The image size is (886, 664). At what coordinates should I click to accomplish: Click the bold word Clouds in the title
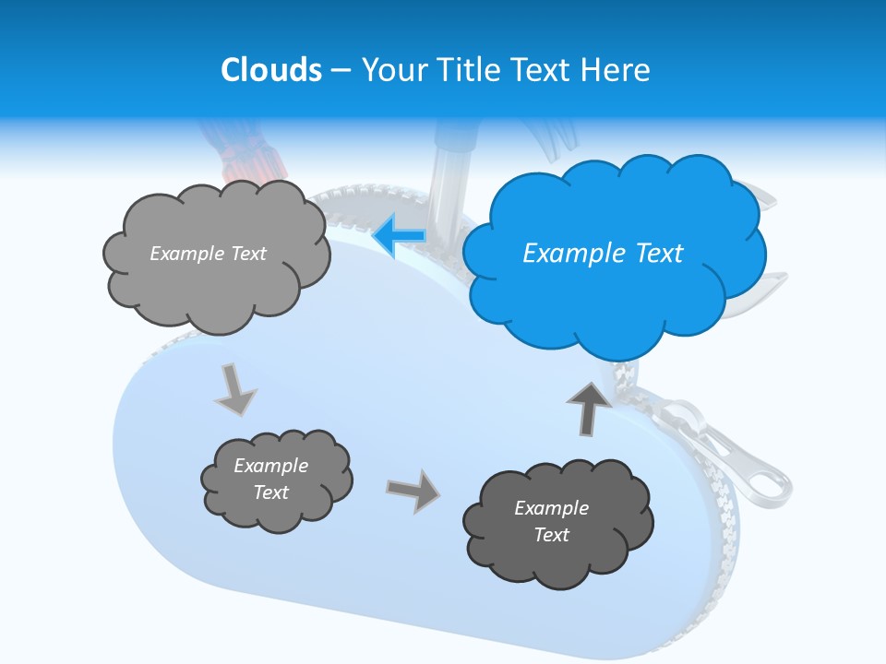(x=271, y=70)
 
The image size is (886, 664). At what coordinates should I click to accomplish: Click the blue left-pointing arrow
(x=399, y=236)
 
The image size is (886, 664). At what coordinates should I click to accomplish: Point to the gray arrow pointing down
(x=235, y=390)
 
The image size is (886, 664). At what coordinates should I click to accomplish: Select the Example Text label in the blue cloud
(x=603, y=254)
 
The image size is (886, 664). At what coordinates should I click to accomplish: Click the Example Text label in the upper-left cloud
(x=208, y=254)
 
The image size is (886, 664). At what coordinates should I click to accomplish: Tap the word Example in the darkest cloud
(x=551, y=508)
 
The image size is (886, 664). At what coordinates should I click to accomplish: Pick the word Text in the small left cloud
(x=271, y=492)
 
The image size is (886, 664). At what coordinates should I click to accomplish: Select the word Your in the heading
(x=390, y=70)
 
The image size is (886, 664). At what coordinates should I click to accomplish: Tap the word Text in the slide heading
(x=540, y=70)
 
